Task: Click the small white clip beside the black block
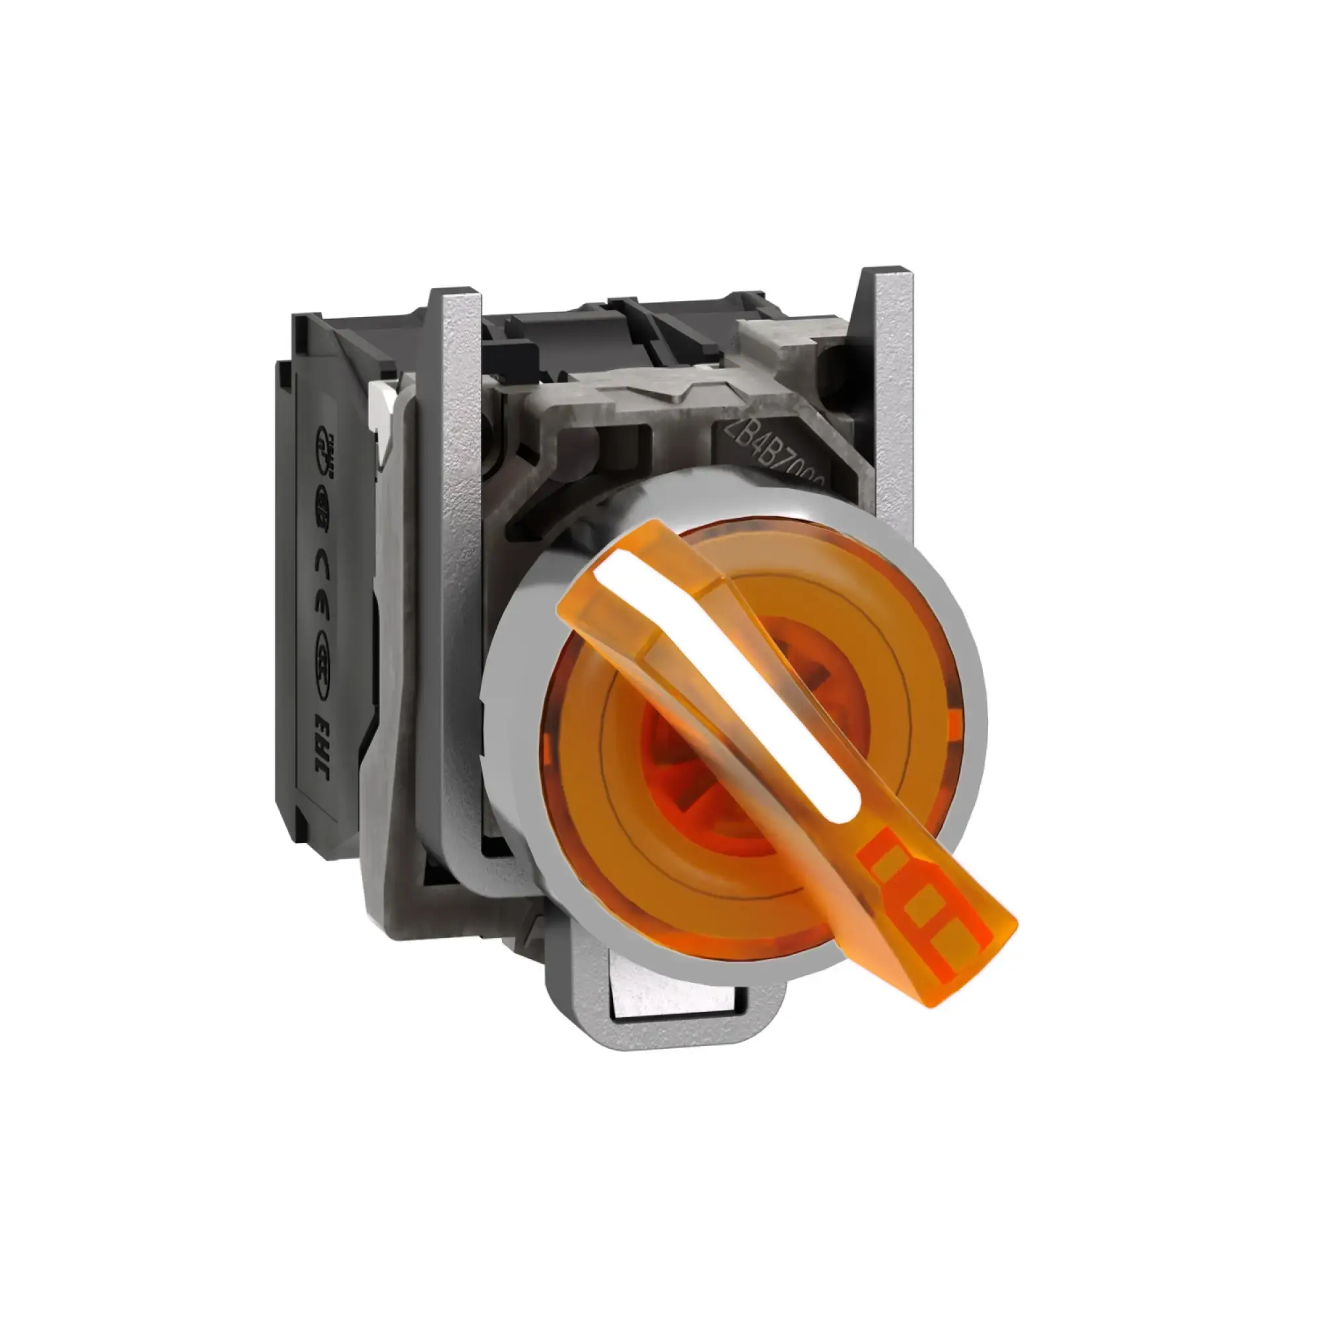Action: (378, 396)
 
